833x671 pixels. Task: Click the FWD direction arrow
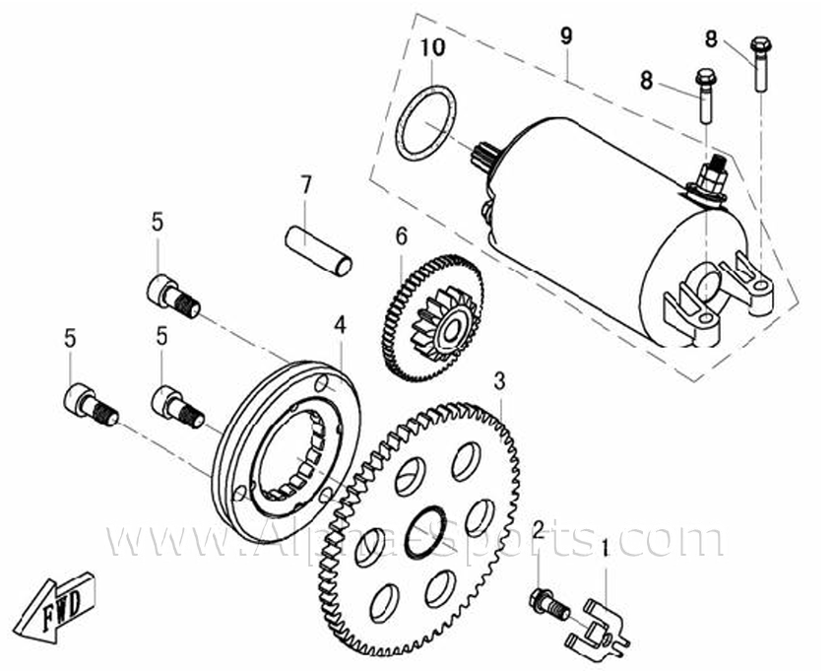tap(55, 608)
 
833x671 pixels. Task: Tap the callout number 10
tap(433, 48)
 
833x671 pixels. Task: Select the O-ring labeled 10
tap(426, 123)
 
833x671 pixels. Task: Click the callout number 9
tap(566, 36)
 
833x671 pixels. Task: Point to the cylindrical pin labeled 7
tap(318, 251)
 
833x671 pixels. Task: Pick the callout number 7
tap(305, 185)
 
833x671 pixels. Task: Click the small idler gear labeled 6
tap(433, 318)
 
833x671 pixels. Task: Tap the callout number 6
tap(401, 235)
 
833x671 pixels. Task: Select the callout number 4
tap(340, 324)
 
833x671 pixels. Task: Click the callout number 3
tap(499, 380)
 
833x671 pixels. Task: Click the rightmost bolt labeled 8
tap(760, 64)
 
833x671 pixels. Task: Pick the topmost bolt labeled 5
tap(173, 297)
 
